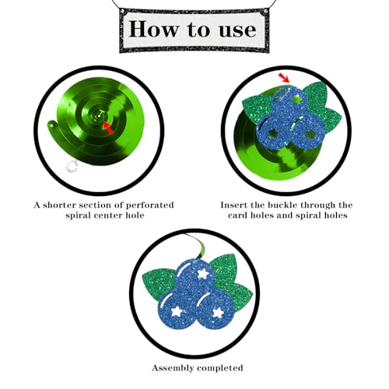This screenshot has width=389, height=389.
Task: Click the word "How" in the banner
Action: coord(153,29)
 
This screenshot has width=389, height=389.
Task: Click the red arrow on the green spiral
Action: coord(108,128)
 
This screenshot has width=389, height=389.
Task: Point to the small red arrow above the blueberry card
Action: coord(284,78)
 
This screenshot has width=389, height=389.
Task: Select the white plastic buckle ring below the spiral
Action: coord(72,166)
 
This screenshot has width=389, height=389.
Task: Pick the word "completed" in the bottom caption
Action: coord(220,368)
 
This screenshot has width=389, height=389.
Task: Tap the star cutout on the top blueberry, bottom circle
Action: coord(202,274)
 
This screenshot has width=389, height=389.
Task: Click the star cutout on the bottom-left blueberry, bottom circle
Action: coord(176,311)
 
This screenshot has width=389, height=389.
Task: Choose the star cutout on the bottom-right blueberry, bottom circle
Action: coord(218,313)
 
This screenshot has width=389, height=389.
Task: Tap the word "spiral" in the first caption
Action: coord(79,216)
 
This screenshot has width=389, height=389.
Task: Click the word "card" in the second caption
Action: coord(238,216)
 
